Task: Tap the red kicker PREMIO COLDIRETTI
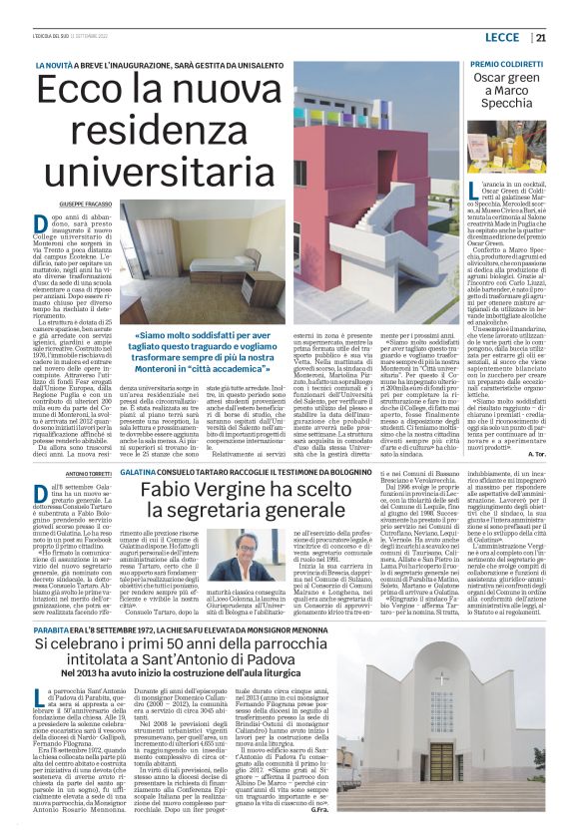509,64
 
